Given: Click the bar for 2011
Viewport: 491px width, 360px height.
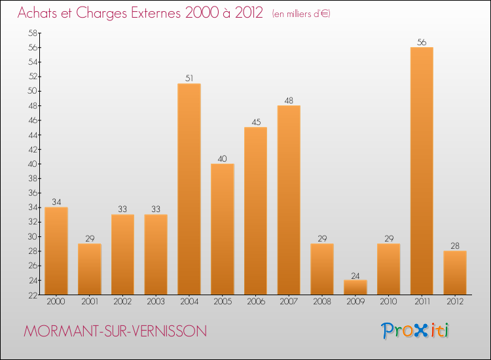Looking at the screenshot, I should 422,171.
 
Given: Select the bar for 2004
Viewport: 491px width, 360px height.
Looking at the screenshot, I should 189,189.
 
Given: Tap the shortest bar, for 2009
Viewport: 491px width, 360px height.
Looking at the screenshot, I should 355,287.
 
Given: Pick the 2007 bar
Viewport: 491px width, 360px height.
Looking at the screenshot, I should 289,200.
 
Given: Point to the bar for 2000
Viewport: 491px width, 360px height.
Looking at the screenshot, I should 56,251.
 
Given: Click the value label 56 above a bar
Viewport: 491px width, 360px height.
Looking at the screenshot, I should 422,43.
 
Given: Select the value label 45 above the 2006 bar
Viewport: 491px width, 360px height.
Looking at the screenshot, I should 255,122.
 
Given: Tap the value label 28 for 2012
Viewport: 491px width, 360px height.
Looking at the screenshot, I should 455,246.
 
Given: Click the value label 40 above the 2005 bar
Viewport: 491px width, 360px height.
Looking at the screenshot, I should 223,159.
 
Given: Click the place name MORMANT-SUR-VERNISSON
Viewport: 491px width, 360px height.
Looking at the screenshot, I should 115,332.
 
